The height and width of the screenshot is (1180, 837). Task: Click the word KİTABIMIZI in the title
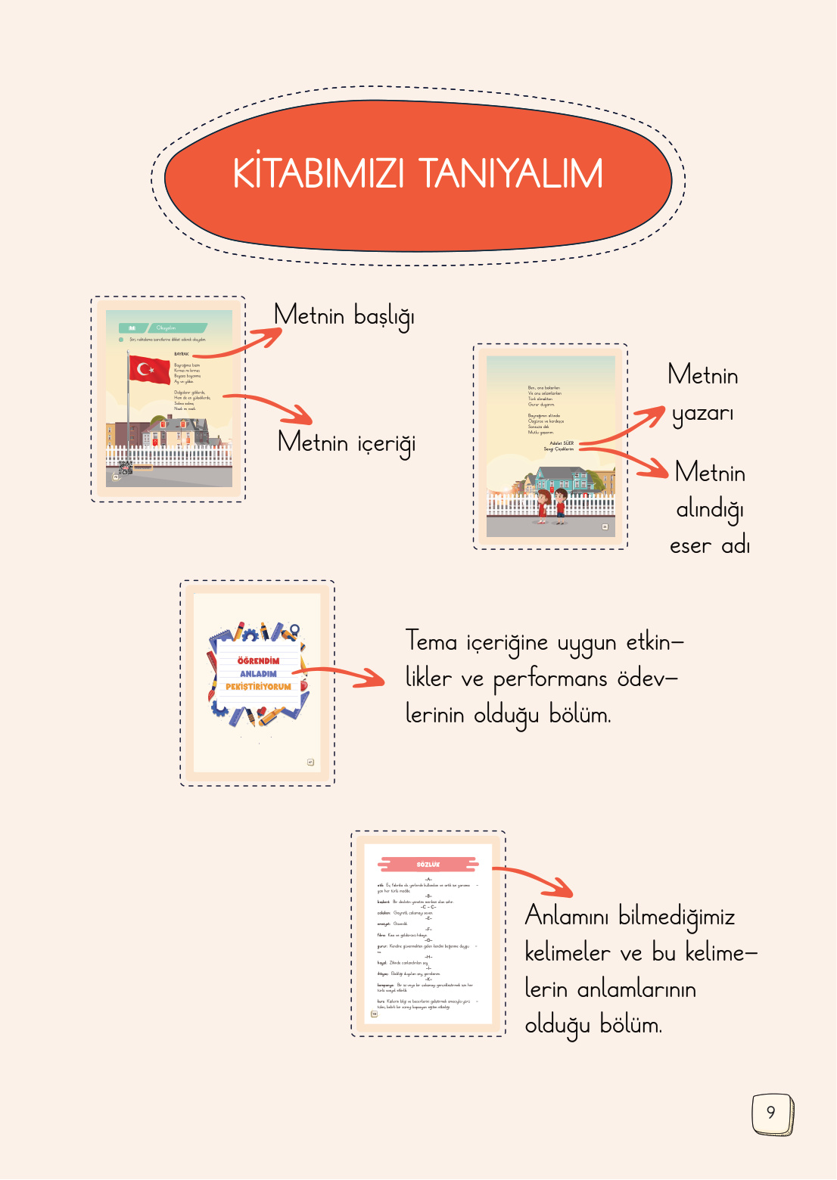pyautogui.click(x=319, y=174)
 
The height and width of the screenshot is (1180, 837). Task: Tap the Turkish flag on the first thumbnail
pyautogui.click(x=150, y=369)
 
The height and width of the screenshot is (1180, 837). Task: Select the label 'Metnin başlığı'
pyautogui.click(x=344, y=315)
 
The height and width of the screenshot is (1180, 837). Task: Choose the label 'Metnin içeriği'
pyautogui.click(x=347, y=442)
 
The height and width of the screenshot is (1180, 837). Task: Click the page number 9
pyautogui.click(x=771, y=1113)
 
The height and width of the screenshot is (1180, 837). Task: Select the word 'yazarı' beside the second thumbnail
pyautogui.click(x=702, y=414)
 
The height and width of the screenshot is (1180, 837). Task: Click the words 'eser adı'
pyautogui.click(x=709, y=545)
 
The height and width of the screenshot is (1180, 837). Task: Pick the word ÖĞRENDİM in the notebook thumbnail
pyautogui.click(x=258, y=660)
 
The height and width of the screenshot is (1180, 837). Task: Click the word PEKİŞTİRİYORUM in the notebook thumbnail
pyautogui.click(x=258, y=687)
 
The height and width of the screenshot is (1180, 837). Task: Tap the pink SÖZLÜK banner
pyautogui.click(x=428, y=864)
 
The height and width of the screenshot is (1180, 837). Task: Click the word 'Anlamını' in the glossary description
pyautogui.click(x=567, y=916)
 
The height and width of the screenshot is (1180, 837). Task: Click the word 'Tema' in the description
pyautogui.click(x=431, y=641)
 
